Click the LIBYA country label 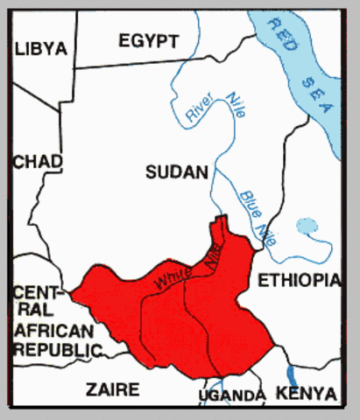tap(41, 49)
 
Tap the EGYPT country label tap(149, 40)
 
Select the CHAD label tap(38, 162)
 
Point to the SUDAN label tap(177, 172)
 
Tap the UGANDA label tap(231, 396)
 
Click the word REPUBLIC tap(54, 349)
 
